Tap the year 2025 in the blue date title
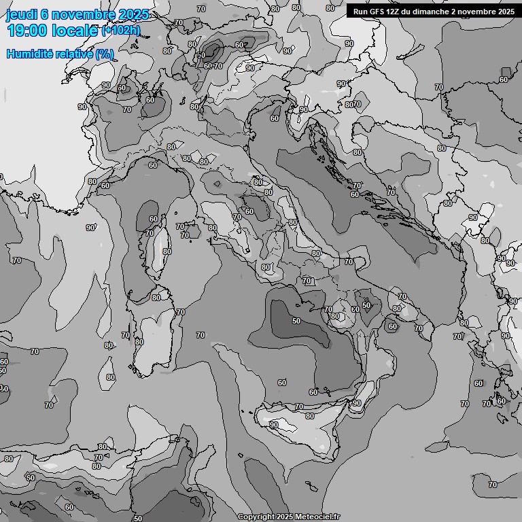[x=134, y=14]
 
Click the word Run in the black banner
[x=360, y=12]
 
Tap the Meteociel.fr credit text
[x=316, y=517]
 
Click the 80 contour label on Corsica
[x=167, y=251]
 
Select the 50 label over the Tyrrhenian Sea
[x=296, y=321]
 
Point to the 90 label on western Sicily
[x=273, y=425]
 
